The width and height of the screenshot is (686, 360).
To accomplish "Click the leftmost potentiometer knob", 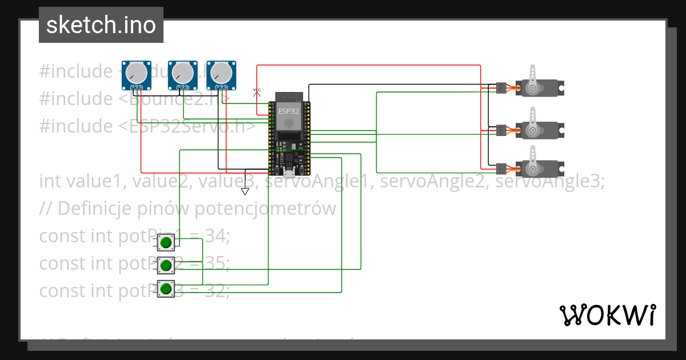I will coord(136,73).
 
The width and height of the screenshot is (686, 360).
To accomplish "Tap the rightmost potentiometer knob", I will coord(221,73).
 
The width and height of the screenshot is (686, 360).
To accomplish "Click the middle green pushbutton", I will coord(166,265).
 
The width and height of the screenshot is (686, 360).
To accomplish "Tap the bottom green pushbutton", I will coord(166,289).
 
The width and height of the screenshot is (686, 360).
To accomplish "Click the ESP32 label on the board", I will coord(289,110).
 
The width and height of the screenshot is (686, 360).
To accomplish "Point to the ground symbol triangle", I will coord(245,191).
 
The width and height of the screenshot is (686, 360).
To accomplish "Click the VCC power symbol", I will coord(257,90).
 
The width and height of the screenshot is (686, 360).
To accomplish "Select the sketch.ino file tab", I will coord(101,25).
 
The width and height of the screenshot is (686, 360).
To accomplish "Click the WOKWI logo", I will coord(607,315).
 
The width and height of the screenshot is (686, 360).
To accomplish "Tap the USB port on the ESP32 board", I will coord(289,173).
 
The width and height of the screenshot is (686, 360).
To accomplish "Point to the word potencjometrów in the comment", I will coord(265,209).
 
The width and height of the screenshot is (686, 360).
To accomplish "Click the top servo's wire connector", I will coord(501,88).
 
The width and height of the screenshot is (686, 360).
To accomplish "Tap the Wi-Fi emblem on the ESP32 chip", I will coord(289,123).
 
